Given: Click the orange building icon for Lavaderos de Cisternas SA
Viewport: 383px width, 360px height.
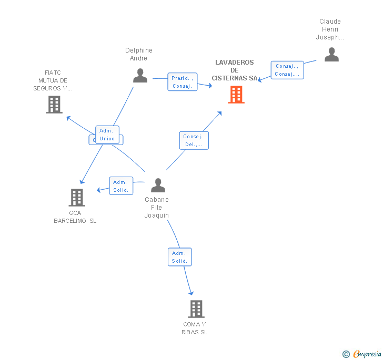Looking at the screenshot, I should tap(236, 95).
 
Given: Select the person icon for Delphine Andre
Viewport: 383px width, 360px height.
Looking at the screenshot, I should tap(140, 76).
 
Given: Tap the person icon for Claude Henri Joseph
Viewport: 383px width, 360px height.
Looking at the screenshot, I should tap(331, 55).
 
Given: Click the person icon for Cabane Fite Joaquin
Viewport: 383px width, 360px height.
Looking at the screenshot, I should tap(158, 186).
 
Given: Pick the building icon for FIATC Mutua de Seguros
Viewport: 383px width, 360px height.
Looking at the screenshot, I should tap(54, 105).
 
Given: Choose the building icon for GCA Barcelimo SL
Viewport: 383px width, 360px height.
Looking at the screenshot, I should tap(77, 198).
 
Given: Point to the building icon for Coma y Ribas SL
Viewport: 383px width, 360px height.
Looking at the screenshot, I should tap(196, 309).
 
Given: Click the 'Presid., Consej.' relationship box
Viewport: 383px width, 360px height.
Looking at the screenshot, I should tap(182, 82).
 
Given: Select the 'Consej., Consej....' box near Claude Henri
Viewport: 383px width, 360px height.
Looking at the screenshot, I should tap(287, 70).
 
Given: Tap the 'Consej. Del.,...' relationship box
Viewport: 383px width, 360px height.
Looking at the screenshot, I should tap(193, 140).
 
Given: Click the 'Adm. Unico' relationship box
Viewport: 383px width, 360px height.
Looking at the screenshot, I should tap(107, 135).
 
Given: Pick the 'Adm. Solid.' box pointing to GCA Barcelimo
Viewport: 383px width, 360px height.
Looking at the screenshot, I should tap(121, 186).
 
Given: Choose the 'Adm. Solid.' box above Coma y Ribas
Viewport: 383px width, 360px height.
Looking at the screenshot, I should tap(179, 257).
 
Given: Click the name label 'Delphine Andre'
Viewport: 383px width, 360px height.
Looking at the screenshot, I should tap(139, 54).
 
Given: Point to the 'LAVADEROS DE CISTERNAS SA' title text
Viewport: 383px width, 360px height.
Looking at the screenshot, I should tap(235, 70).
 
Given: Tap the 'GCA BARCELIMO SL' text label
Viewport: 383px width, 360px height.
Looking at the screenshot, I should tap(75, 217).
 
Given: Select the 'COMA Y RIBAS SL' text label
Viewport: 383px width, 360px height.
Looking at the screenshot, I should tap(195, 328).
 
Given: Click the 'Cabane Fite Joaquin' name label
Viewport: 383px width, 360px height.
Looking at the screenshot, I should tap(157, 207).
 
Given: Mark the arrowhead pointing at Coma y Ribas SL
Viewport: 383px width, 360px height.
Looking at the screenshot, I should tap(191, 293).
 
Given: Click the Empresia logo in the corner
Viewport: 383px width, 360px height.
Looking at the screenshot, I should tap(362, 354).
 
